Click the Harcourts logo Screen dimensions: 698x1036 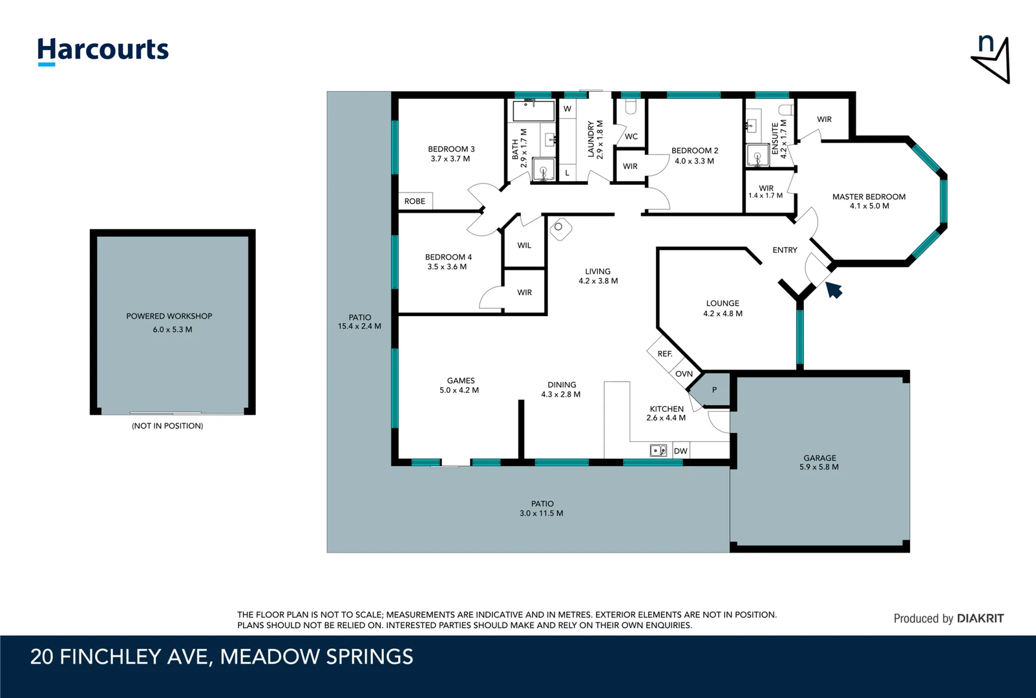pyautogui.click(x=103, y=50)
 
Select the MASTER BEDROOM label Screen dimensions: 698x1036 pyautogui.click(x=869, y=197)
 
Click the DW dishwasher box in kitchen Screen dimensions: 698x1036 pyautogui.click(x=681, y=451)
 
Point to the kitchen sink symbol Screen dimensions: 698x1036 pyautogui.click(x=658, y=450)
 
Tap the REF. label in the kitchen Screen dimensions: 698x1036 pyautogui.click(x=664, y=354)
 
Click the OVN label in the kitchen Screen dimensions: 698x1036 pyautogui.click(x=684, y=374)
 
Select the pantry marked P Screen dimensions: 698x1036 pyautogui.click(x=714, y=390)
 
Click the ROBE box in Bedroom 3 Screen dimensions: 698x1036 pyautogui.click(x=415, y=201)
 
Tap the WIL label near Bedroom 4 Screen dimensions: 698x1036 pyautogui.click(x=524, y=246)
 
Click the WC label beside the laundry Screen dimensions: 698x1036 pyautogui.click(x=631, y=136)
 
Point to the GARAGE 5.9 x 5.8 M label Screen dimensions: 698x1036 pyautogui.click(x=819, y=462)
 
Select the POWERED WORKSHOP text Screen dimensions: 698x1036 pyautogui.click(x=169, y=316)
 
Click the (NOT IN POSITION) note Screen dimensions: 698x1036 pyautogui.click(x=167, y=426)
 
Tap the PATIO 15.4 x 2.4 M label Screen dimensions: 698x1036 pyautogui.click(x=359, y=322)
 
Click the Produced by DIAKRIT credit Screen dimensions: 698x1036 pyautogui.click(x=948, y=619)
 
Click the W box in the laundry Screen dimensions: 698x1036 pyautogui.click(x=567, y=109)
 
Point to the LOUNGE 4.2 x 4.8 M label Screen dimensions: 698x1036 pyautogui.click(x=723, y=308)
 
